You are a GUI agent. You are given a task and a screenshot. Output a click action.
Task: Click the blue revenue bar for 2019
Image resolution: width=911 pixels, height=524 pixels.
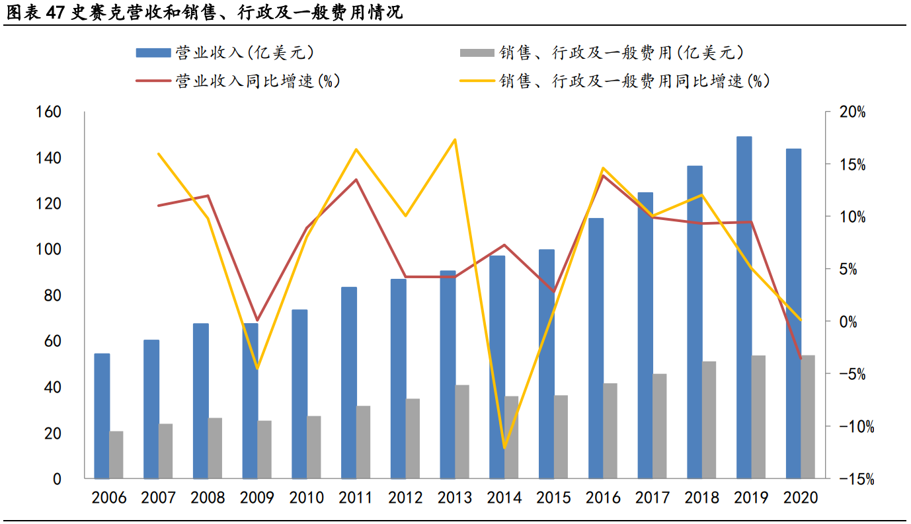[x=744, y=307]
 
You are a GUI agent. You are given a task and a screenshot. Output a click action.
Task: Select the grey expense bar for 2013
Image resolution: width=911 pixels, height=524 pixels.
[x=462, y=431]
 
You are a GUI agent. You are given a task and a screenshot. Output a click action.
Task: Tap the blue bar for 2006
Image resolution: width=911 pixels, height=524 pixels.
[x=102, y=416]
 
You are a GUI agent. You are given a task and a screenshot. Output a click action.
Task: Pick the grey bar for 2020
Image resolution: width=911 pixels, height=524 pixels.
[x=808, y=416]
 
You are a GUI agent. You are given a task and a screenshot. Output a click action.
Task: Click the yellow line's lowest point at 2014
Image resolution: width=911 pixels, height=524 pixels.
[x=504, y=448]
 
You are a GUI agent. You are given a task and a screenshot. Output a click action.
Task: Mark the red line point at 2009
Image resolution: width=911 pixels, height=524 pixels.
[x=257, y=320]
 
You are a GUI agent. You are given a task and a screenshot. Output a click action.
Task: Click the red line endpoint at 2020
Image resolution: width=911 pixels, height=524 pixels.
[x=801, y=359]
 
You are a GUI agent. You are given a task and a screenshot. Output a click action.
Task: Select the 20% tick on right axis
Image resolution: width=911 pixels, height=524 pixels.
[x=852, y=113]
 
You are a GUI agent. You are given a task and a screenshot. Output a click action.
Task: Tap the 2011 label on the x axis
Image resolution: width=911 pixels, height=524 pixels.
[x=356, y=498]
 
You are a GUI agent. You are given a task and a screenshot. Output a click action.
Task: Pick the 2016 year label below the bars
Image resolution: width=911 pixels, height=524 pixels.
[x=603, y=498]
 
